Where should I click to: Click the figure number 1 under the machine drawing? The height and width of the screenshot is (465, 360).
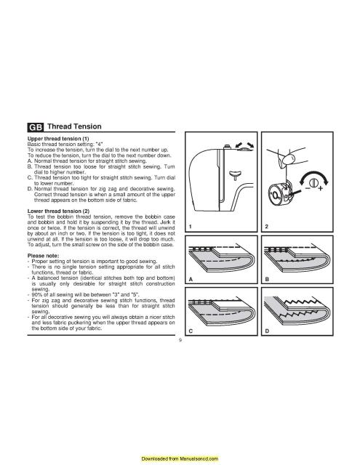click(x=189, y=227)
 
